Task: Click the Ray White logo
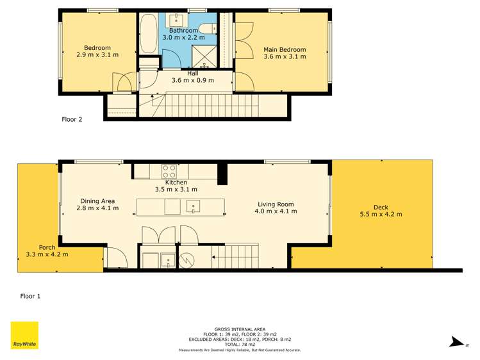click(x=24, y=335)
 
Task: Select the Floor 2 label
click(x=72, y=119)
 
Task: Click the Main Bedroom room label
click(x=285, y=49)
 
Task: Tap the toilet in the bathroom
click(x=208, y=28)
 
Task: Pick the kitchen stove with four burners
click(x=169, y=171)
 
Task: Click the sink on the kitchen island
click(x=192, y=206)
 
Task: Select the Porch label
click(x=47, y=247)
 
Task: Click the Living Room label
click(x=276, y=204)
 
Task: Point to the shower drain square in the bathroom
click(x=206, y=64)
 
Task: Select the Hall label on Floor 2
click(x=192, y=73)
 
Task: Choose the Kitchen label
click(x=176, y=183)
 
